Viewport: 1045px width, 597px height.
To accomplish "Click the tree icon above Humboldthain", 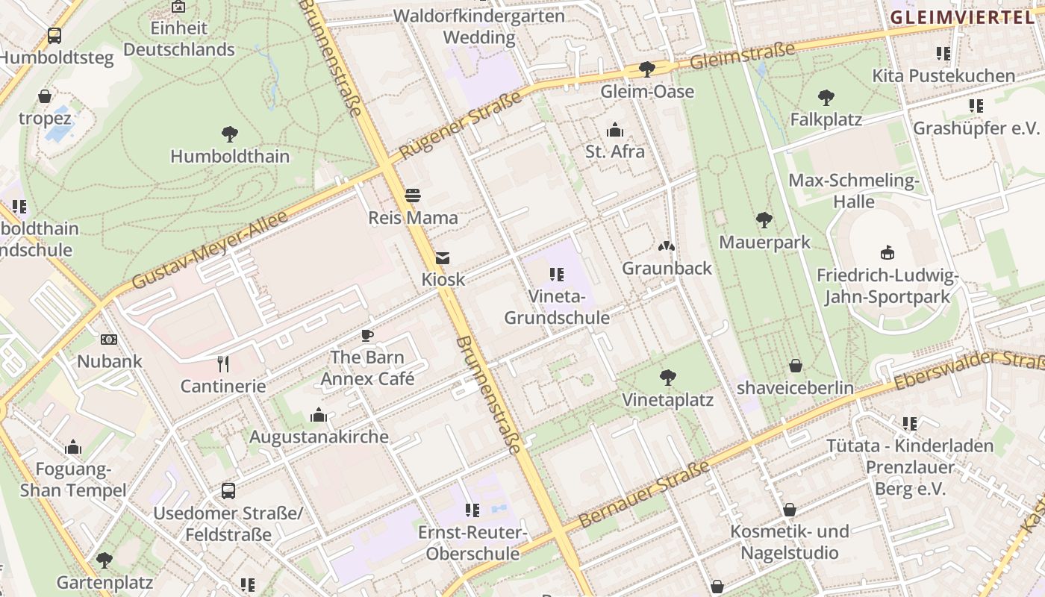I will [230, 134].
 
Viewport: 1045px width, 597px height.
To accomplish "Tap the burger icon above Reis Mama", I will [413, 196].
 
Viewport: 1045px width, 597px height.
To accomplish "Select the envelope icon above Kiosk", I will [443, 258].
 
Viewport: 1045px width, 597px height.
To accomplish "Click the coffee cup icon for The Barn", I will [366, 335].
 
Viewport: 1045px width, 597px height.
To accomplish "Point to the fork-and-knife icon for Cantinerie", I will [222, 364].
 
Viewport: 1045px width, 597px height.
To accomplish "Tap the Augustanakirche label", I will [319, 437].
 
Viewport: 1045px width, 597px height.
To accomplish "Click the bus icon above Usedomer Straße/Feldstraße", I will [228, 491].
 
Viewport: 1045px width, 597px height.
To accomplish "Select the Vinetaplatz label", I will [668, 400].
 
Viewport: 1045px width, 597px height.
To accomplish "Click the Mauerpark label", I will [764, 243].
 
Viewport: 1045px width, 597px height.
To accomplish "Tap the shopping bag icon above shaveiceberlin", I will [796, 366].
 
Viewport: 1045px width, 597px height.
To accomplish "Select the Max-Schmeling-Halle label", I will [854, 191].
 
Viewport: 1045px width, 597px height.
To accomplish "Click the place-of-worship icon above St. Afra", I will [615, 131].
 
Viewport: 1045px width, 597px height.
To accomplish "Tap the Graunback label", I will [667, 268].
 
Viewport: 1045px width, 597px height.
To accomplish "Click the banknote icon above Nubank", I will [109, 340].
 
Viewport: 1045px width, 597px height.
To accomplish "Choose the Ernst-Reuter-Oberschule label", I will [472, 543].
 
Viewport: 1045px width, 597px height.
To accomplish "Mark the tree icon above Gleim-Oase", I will [647, 69].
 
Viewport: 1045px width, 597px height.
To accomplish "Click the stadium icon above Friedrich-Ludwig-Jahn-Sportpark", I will [888, 252].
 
